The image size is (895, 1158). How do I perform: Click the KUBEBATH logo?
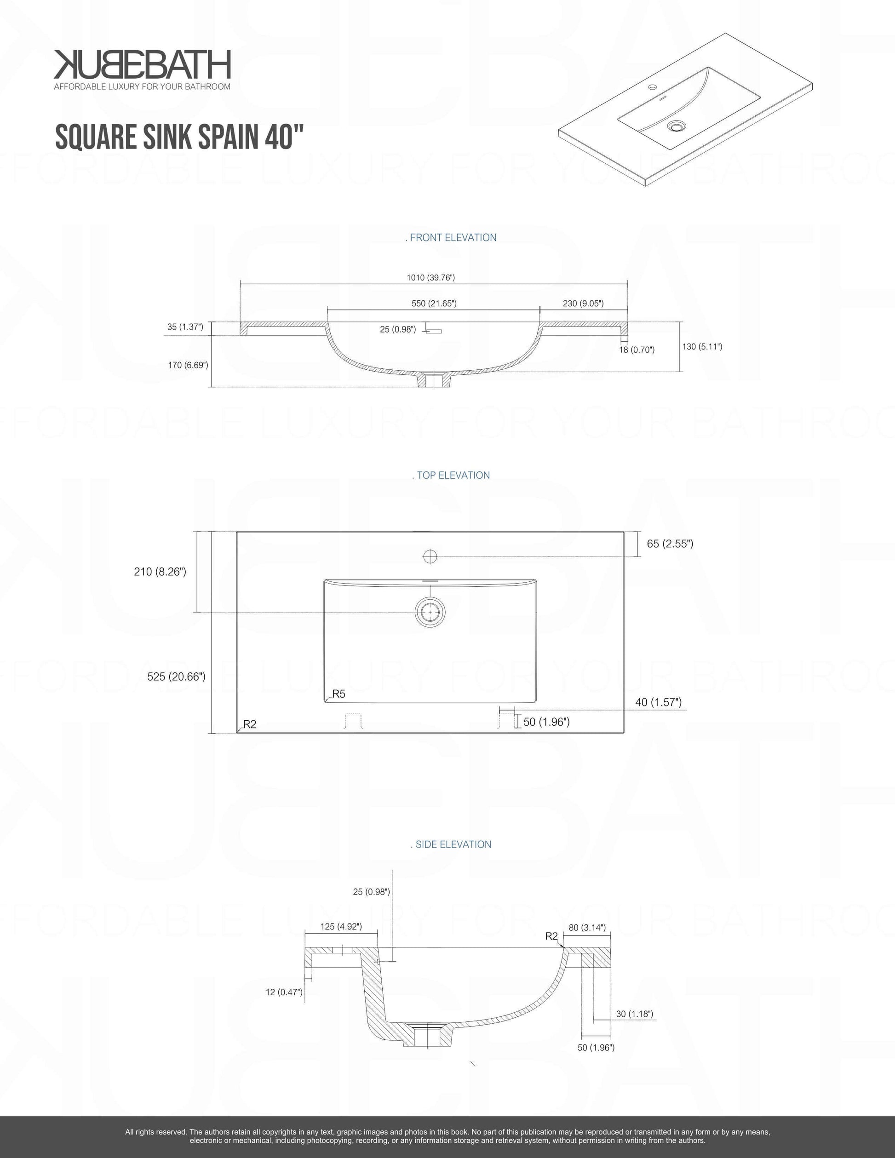coord(142,70)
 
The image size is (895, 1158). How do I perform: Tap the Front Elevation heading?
coord(451,238)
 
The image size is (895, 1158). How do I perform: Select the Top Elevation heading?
coord(451,475)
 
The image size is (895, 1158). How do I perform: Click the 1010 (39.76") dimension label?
coord(430,277)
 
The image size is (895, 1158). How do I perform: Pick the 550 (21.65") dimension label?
coord(434,303)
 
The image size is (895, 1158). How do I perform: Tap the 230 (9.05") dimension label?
coord(583,303)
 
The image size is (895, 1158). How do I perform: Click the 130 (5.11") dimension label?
coord(702,346)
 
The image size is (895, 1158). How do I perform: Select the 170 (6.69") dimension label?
coord(188,365)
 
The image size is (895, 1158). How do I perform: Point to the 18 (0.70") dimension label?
coord(637,350)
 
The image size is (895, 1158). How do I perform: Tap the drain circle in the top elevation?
coord(430,612)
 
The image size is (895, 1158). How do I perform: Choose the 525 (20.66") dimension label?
coord(176,676)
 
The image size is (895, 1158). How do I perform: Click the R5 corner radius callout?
coord(338,694)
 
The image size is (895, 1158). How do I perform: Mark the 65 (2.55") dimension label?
coord(670,544)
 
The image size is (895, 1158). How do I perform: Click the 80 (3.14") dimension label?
coord(587,927)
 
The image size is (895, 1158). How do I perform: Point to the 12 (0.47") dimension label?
coord(284,992)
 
